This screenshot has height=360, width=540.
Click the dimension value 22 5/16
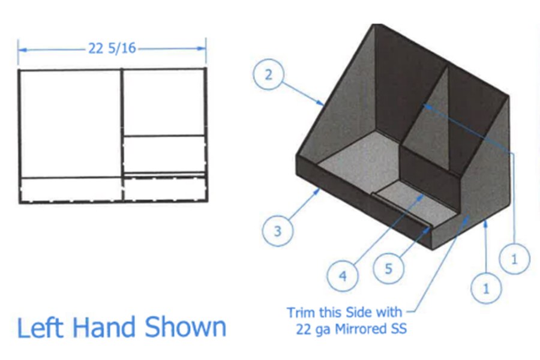(112, 48)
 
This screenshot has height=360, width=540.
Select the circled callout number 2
(269, 75)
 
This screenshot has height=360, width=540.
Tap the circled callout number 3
(278, 231)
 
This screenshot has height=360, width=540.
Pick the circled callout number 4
(343, 276)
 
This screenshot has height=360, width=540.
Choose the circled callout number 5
(388, 268)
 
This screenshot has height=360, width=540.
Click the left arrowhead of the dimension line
(23, 50)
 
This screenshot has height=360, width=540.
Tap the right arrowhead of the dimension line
(202, 48)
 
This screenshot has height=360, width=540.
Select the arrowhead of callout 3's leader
(317, 192)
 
